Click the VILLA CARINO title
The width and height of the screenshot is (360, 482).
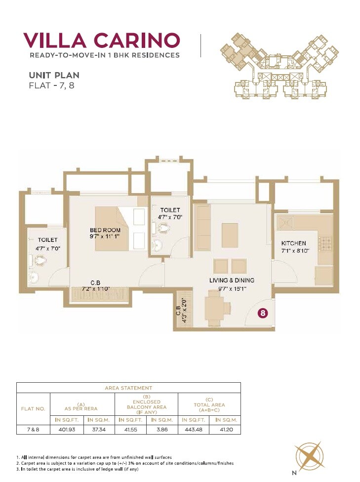point(101,40)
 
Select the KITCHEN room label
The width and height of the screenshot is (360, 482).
point(293,243)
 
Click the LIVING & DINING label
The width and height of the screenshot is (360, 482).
point(232,280)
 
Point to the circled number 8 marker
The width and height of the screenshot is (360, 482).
point(264,313)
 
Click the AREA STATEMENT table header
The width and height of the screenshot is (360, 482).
point(128,388)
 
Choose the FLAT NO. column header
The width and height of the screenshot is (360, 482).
point(34,409)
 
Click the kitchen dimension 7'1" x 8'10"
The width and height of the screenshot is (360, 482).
point(295,251)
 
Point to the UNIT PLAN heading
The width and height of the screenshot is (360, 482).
point(54,76)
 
